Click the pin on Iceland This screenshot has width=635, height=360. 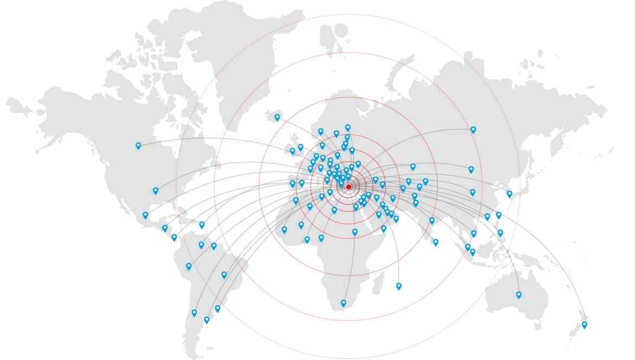(277, 117)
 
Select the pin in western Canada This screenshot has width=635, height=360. (138, 146)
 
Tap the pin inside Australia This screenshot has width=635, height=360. (519, 295)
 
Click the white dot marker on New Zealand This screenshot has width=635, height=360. (584, 324)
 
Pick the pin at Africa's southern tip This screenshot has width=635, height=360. (344, 303)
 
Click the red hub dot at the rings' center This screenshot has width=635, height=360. (348, 187)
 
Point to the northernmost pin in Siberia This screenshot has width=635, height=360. (473, 130)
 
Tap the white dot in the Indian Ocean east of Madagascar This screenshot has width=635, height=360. (399, 285)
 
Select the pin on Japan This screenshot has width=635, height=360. (509, 193)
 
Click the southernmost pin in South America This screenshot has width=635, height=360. (207, 320)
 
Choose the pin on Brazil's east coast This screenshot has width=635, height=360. (224, 275)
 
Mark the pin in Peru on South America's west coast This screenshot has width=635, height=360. (189, 266)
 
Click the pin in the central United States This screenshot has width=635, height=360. (156, 191)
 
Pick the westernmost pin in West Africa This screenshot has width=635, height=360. (284, 230)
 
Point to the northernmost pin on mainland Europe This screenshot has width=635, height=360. (348, 128)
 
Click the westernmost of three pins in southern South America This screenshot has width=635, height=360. (194, 313)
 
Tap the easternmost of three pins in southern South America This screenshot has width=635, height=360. (218, 308)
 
